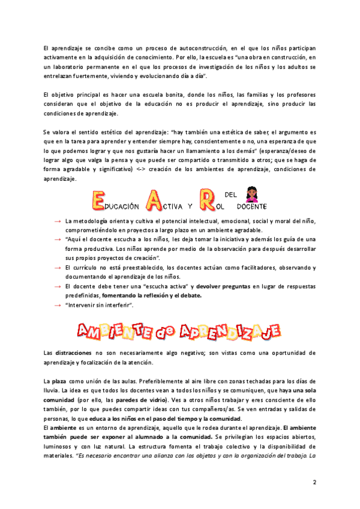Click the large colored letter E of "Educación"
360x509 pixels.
coord(98,199)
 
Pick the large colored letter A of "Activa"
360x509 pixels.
coord(152,199)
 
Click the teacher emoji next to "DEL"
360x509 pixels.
coord(251,195)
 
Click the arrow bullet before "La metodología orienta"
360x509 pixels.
coord(57,221)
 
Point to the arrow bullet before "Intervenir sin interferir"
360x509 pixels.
coord(57,306)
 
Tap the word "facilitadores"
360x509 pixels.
coord(239,267)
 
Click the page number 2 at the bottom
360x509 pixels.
coord(314,483)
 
